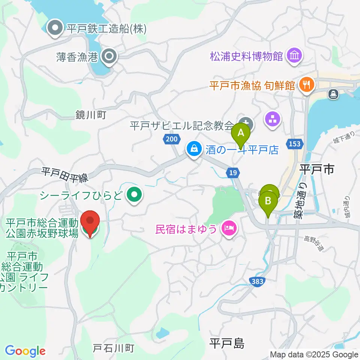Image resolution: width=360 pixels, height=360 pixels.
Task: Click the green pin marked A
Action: tap(241, 133)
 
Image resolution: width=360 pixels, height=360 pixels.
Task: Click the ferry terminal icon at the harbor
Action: tap(333, 94)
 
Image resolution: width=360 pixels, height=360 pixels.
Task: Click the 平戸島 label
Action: tap(227, 343)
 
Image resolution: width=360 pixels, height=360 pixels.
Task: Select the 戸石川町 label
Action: tap(113, 348)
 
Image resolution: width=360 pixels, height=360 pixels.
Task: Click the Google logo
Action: tap(25, 351)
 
